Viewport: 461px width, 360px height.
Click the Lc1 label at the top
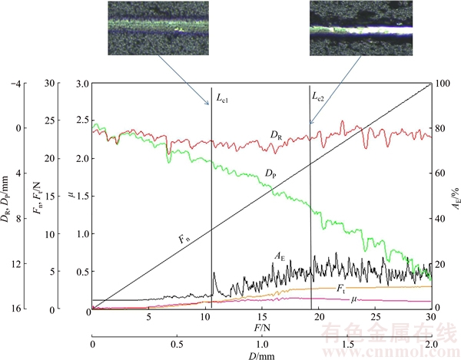click(222, 98)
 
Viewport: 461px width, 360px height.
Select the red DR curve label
click(276, 134)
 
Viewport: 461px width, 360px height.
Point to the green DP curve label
click(270, 174)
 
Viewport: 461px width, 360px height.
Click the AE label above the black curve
click(281, 256)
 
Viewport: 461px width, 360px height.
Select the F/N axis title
click(261, 327)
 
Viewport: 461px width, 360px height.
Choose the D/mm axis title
click(261, 356)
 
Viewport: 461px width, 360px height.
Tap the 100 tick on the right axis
click(441, 83)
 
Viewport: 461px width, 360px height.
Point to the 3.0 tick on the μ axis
click(82, 83)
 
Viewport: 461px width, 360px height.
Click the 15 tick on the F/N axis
click(261, 317)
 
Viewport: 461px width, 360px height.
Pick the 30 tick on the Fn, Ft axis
click(50, 83)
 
